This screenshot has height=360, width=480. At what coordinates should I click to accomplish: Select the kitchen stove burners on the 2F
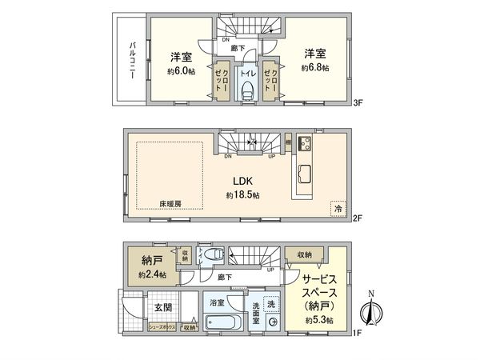[x=304, y=144]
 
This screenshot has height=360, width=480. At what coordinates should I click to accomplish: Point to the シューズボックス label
[x=163, y=326]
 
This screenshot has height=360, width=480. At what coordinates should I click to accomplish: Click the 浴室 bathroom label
[x=217, y=302]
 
